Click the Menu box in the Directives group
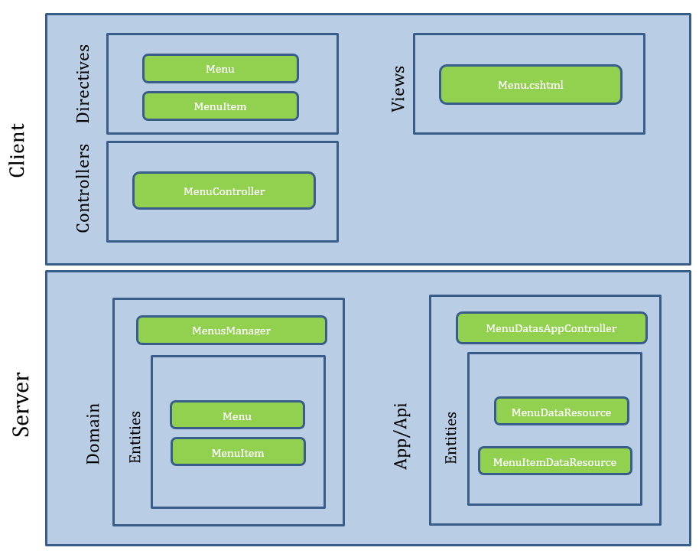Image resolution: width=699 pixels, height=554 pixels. pos(220,69)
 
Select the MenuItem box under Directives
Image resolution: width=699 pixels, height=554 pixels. pos(220,106)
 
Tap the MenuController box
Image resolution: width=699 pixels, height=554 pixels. pos(224,191)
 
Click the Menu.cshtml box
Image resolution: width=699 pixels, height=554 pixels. pos(531,85)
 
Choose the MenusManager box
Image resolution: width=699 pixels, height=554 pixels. pos(232,330)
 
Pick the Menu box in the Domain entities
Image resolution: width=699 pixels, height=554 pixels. pos(237,415)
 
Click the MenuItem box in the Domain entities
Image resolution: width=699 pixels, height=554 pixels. pos(238,452)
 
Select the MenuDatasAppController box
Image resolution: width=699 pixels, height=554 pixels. pos(551,328)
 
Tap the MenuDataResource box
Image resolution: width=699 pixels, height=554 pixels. pos(561,411)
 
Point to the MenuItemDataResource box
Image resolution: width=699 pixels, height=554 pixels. pos(555,461)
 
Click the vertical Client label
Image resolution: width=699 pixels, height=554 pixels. pos(17,150)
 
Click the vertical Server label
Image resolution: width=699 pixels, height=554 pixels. pos(21,404)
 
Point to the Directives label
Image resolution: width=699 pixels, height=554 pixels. pos(83,84)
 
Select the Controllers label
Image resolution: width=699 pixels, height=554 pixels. pos(83,187)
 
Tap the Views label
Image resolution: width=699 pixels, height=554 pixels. pos(398,89)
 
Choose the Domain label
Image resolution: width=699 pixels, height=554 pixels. pos(93,434)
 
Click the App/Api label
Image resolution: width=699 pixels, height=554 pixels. pos(401,436)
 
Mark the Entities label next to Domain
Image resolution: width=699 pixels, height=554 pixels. pos(135,437)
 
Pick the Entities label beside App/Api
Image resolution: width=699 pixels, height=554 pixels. pos(450,438)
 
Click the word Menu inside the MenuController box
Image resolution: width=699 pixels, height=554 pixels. pos(197,191)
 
